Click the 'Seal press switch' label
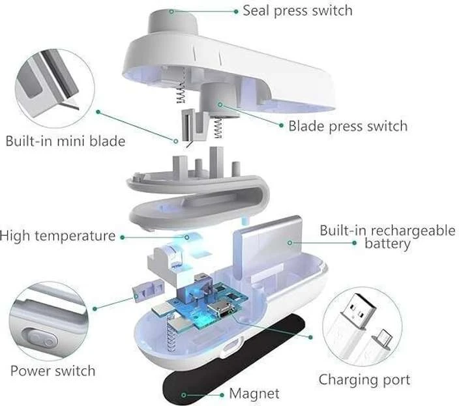tap(297, 11)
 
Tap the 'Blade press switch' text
tap(348, 126)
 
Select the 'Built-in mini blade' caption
tap(65, 141)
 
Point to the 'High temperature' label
tap(57, 236)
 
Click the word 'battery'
tap(387, 244)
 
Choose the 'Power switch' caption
tap(53, 371)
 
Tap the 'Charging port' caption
tap(364, 381)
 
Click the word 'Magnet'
tap(254, 394)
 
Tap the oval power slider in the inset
tap(40, 340)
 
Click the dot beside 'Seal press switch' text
tap(236, 12)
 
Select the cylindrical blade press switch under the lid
tap(218, 100)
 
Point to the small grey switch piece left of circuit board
tap(148, 290)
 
